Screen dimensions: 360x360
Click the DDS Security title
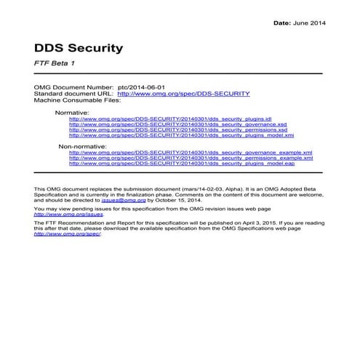pyautogui.click(x=79, y=48)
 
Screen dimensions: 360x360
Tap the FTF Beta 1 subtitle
pyautogui.click(x=55, y=64)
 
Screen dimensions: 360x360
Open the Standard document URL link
pyautogui.click(x=183, y=93)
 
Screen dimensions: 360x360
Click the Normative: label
pyautogui.click(x=71, y=113)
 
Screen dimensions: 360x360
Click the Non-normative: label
pyautogui.click(x=81, y=146)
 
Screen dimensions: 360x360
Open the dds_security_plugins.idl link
pyautogui.click(x=170, y=119)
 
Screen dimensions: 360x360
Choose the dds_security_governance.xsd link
pyautogui.click(x=177, y=124)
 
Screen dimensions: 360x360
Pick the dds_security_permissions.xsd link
pyautogui.click(x=177, y=129)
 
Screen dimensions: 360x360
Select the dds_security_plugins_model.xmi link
pyautogui.click(x=181, y=135)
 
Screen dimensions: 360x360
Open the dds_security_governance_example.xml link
pyautogui.click(x=190, y=153)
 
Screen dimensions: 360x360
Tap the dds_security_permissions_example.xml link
pyautogui.click(x=191, y=158)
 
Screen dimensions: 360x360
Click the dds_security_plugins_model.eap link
pyautogui.click(x=181, y=164)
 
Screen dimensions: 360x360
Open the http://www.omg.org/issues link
pyautogui.click(x=59, y=215)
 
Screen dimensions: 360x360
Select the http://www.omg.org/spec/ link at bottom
pyautogui.click(x=57, y=234)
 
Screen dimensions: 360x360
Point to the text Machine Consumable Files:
pyautogui.click(x=76, y=100)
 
